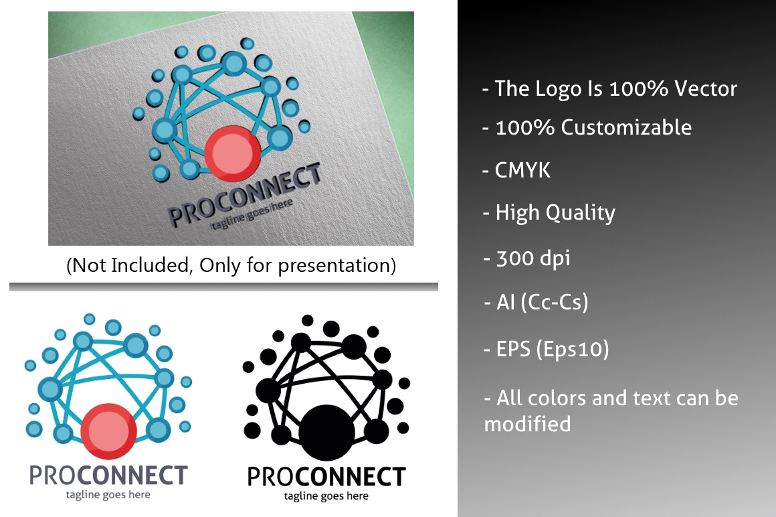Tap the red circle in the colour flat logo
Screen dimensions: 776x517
click(108, 431)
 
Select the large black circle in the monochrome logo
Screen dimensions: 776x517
click(326, 433)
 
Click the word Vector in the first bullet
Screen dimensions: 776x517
click(706, 88)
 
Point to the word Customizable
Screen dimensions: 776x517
click(626, 128)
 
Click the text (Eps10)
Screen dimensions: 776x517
click(573, 349)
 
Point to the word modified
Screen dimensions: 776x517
click(528, 425)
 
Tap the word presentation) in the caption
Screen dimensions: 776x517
click(337, 266)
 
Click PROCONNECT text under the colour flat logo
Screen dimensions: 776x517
click(108, 475)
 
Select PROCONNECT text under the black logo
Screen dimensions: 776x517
click(326, 477)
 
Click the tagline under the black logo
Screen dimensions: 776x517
click(326, 496)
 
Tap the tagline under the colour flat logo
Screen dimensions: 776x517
click(108, 495)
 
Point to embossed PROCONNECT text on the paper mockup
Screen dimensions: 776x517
click(244, 195)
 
